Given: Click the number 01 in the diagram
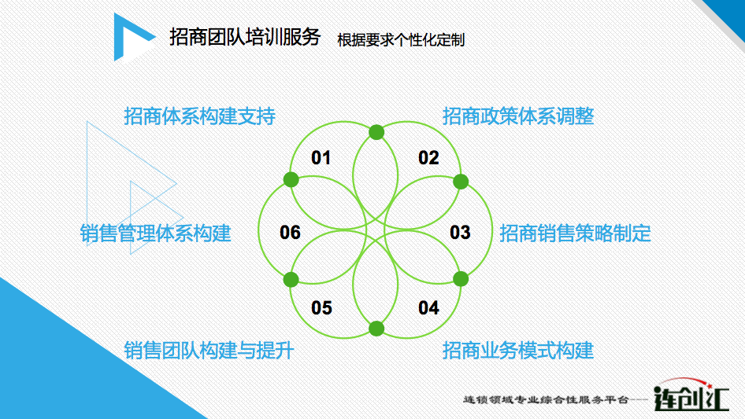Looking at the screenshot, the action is pyautogui.click(x=321, y=157).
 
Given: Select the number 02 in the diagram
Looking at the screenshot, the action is pyautogui.click(x=428, y=157).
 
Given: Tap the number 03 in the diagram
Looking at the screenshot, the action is pyautogui.click(x=460, y=232).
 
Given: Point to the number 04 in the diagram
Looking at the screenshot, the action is pyautogui.click(x=428, y=307).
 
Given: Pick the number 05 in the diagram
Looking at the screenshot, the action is pyautogui.click(x=321, y=307).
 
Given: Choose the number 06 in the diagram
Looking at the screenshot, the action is pyautogui.click(x=290, y=232).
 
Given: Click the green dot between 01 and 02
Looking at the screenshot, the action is pyautogui.click(x=376, y=132).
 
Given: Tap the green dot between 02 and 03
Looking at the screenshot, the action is pyautogui.click(x=461, y=182).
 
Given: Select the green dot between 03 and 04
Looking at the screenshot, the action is pyautogui.click(x=461, y=279).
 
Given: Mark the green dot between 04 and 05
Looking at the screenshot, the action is pyautogui.click(x=376, y=329).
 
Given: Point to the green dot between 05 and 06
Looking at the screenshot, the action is pyautogui.click(x=291, y=280).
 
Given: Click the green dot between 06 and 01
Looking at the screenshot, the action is pyautogui.click(x=291, y=179).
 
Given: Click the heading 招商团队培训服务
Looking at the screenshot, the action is pyautogui.click(x=245, y=37).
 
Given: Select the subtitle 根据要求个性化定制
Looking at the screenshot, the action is pyautogui.click(x=401, y=40).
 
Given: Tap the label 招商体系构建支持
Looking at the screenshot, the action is pyautogui.click(x=199, y=116).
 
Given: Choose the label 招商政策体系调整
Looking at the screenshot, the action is pyautogui.click(x=518, y=116).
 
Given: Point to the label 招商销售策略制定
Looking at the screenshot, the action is pyautogui.click(x=575, y=233).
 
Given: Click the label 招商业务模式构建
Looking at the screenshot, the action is pyautogui.click(x=518, y=351).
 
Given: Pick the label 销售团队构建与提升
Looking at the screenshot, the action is pyautogui.click(x=209, y=351).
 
